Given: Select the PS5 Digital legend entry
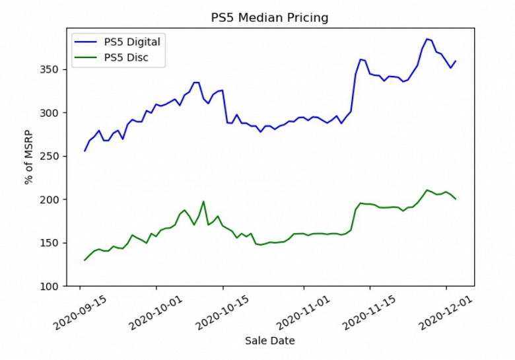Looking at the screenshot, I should pos(132,42).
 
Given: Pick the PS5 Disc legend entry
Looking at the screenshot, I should pos(126,57).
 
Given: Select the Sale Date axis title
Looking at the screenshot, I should pos(269,341).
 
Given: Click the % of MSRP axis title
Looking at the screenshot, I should pos(29,157).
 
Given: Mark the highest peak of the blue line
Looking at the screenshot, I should pos(427,39).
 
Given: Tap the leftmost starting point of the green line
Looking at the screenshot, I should pos(85,260).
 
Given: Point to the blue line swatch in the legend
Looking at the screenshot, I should pos(86,42).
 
